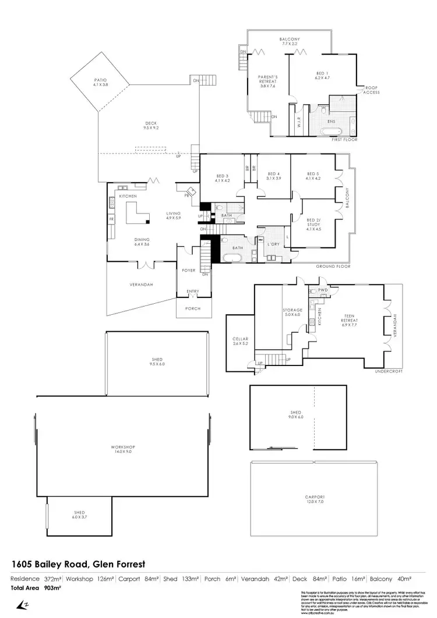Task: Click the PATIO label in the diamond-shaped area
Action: pos(101,82)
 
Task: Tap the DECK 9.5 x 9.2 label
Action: pos(151,125)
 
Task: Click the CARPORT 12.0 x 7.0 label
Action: pos(314,499)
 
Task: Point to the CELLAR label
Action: pos(241,340)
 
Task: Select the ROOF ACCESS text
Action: pos(372,90)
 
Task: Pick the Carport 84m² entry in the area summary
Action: pos(138,579)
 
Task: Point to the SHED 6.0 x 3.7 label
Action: pos(78,514)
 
